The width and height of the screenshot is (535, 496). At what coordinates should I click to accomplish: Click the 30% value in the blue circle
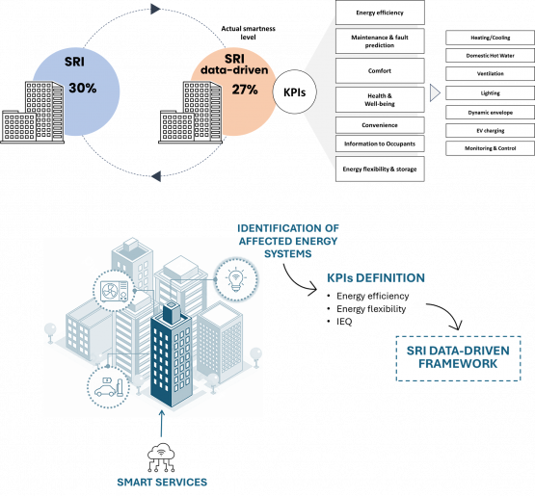(83, 88)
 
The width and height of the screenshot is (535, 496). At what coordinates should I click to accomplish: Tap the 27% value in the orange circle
(245, 90)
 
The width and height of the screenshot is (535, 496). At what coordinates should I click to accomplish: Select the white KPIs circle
(294, 92)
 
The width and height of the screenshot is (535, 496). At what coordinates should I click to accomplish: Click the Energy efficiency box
(380, 13)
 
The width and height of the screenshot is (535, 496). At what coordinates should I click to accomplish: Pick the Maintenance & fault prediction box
(380, 41)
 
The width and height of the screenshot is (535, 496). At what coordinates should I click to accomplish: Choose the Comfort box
(380, 70)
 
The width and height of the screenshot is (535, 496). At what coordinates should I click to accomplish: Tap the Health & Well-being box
(380, 99)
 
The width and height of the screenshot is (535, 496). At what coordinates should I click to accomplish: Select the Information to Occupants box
(380, 144)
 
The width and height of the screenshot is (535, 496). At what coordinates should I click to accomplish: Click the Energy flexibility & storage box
(380, 169)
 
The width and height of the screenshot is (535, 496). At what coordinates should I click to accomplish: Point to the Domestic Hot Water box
(490, 56)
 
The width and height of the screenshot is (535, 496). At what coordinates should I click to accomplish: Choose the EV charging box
(490, 131)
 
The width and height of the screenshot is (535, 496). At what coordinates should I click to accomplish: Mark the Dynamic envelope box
(490, 113)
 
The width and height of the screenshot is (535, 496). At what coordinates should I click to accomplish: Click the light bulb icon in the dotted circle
(236, 279)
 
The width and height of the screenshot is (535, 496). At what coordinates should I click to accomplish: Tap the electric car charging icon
(108, 387)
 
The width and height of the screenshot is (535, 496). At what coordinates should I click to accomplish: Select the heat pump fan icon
(115, 292)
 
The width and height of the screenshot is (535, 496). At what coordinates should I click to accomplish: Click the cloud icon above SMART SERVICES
(161, 457)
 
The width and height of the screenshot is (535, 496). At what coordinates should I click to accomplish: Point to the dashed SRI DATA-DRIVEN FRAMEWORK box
(458, 358)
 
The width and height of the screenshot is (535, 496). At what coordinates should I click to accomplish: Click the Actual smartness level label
(248, 33)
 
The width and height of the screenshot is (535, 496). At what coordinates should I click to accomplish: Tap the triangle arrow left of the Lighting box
(435, 92)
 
